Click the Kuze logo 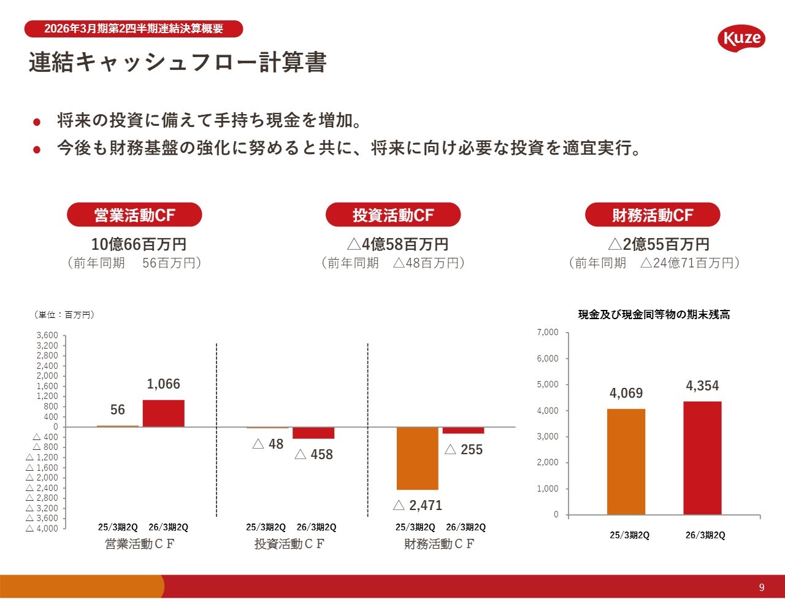click(741, 39)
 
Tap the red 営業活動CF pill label click(134, 215)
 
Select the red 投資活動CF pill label click(393, 215)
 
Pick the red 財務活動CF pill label click(652, 215)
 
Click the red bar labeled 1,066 click(164, 414)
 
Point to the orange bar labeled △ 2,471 click(418, 458)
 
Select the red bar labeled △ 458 click(313, 433)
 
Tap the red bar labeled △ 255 click(464, 430)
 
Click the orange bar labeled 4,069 click(626, 462)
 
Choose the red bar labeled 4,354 click(702, 458)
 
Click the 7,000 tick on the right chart click(548, 333)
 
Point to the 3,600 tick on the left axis click(47, 336)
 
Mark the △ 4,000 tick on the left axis click(42, 528)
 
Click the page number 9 click(762, 587)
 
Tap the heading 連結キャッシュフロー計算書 click(177, 63)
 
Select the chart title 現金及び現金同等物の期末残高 click(654, 315)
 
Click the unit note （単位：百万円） click(63, 315)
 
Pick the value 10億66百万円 click(139, 244)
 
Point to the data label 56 click(118, 410)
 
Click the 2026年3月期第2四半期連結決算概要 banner click(134, 29)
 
